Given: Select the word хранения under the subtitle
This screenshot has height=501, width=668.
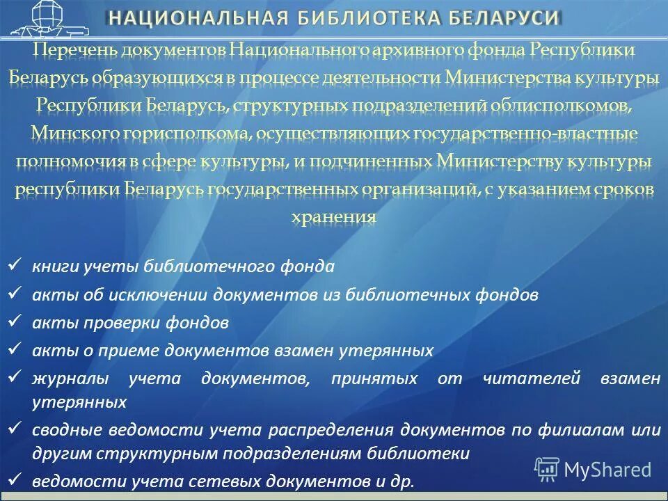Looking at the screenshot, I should click(x=333, y=216).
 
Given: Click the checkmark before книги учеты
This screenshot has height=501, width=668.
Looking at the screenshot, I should click(x=16, y=266).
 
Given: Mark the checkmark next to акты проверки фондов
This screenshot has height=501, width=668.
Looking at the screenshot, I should click(x=16, y=322).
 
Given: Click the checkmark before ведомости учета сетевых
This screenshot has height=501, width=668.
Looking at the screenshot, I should click(x=16, y=480).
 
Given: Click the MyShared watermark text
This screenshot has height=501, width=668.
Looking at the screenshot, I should click(x=607, y=470).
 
